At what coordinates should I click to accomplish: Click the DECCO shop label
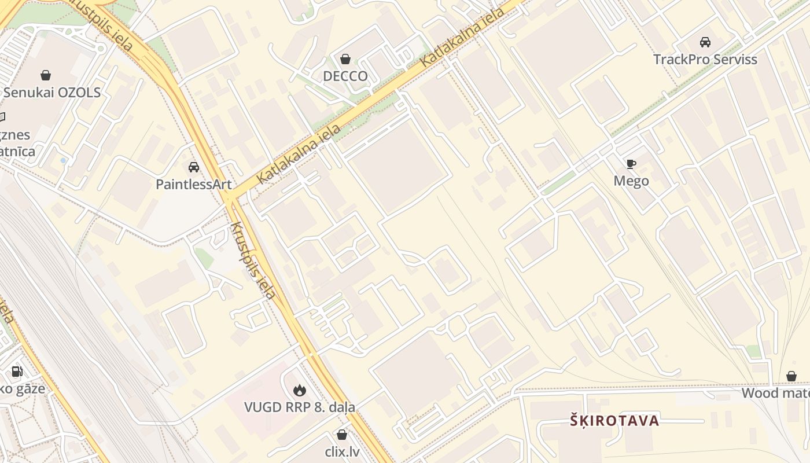pyautogui.click(x=345, y=76)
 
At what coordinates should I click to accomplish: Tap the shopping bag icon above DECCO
pyautogui.click(x=345, y=59)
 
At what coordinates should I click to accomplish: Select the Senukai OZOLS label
pyautogui.click(x=52, y=93)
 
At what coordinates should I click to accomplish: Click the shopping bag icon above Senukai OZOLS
pyautogui.click(x=46, y=75)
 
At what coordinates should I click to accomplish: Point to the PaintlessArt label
pyautogui.click(x=194, y=185)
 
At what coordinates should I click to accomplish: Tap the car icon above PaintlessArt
pyautogui.click(x=194, y=167)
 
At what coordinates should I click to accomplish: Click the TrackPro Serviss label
pyautogui.click(x=705, y=60)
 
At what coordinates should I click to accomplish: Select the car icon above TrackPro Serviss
pyautogui.click(x=705, y=42)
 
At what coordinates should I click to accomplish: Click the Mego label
pyautogui.click(x=631, y=181)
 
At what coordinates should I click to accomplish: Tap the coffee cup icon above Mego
pyautogui.click(x=631, y=164)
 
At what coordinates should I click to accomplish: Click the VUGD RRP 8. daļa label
pyautogui.click(x=300, y=407)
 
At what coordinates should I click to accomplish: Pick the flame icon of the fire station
pyautogui.click(x=300, y=390)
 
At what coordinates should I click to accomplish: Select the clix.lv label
pyautogui.click(x=342, y=451)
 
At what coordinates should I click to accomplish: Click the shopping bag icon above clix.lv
pyautogui.click(x=342, y=435)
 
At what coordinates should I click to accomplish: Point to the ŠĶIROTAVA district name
pyautogui.click(x=614, y=421)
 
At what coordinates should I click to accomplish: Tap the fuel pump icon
pyautogui.click(x=17, y=372)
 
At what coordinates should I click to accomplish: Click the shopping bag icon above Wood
pyautogui.click(x=791, y=377)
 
